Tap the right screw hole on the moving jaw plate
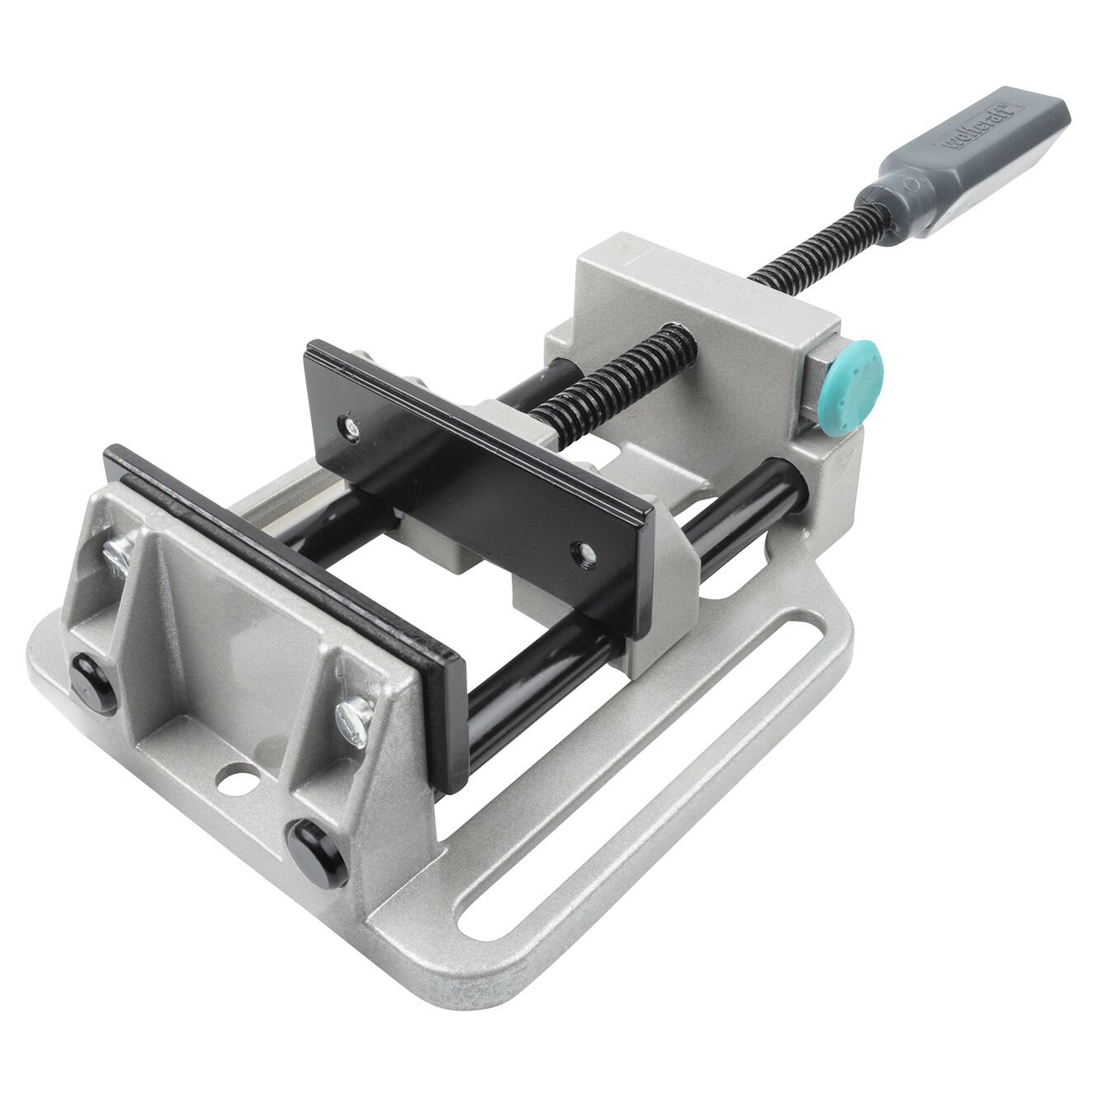tap(584, 548)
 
